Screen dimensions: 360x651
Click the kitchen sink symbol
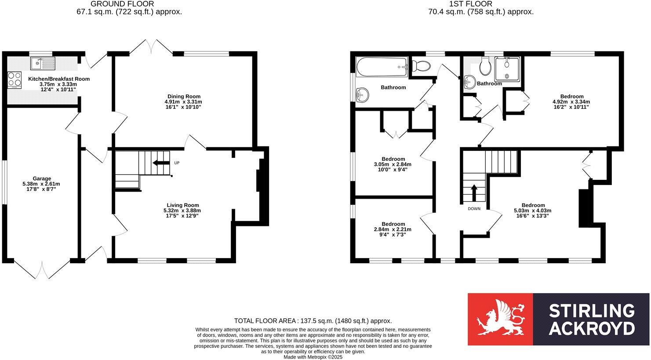coord(42,64)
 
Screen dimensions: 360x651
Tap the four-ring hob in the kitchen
coord(15,80)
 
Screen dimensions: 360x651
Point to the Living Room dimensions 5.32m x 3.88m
coord(182,211)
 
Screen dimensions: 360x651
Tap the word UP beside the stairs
coord(177,163)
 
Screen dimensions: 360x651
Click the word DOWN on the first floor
coord(474,208)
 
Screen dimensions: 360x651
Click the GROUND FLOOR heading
coord(122,4)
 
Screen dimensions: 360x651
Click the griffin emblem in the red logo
coord(500,319)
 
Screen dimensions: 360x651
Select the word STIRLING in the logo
coord(591,311)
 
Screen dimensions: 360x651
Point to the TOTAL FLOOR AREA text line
coord(313,321)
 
